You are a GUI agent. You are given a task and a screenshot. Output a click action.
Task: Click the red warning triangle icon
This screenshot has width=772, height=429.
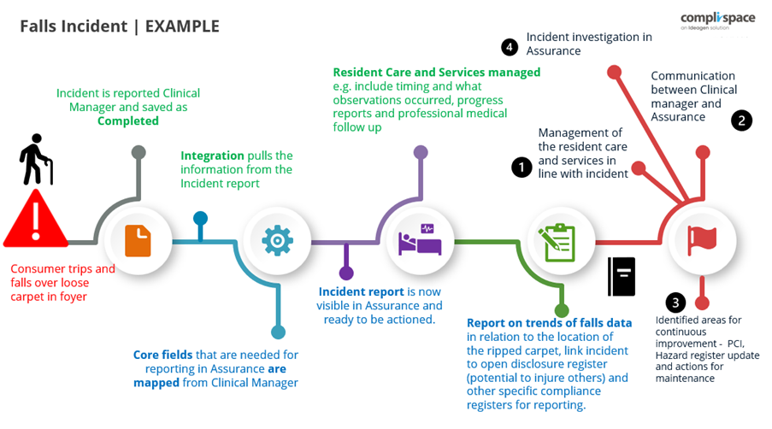(35, 220)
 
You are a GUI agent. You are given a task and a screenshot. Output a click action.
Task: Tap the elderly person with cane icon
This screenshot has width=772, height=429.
(37, 160)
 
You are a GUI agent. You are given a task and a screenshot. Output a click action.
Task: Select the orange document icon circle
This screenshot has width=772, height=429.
(138, 241)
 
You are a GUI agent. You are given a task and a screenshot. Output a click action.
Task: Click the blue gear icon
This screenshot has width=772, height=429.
(277, 241)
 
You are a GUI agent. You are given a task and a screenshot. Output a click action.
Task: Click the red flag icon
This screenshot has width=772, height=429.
(702, 241)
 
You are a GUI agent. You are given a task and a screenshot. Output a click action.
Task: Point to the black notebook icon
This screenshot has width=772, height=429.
(622, 276)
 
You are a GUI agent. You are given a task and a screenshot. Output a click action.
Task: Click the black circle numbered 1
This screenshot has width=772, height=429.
(522, 167)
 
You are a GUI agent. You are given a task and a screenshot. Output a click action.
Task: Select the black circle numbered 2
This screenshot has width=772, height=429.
(741, 120)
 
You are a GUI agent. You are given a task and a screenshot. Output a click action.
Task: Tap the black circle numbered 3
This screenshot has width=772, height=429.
(676, 303)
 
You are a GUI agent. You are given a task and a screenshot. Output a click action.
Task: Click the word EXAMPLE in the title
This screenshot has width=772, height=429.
(182, 26)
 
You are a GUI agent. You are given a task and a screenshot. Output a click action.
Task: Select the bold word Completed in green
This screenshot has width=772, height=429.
(127, 120)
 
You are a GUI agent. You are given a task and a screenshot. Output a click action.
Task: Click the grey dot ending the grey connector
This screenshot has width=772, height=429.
(138, 153)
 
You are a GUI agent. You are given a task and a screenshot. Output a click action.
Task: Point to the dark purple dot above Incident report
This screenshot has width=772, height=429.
(346, 273)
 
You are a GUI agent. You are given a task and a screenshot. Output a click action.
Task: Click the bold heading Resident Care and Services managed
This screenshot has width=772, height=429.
(436, 73)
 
